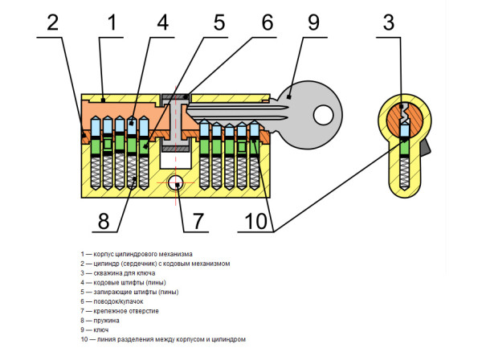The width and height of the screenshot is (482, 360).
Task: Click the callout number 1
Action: coord(112,22)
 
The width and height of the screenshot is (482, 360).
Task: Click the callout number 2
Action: coord(51,22)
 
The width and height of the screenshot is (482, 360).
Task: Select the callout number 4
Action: coord(162,22)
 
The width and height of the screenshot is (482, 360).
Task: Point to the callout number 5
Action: coord(219,22)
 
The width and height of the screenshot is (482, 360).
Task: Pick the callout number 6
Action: coord(268,22)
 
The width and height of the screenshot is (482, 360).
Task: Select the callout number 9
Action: coord(312,22)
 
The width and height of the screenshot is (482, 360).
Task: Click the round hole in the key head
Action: coord(325,115)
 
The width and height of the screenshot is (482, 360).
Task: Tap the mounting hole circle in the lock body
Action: coord(175,183)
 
